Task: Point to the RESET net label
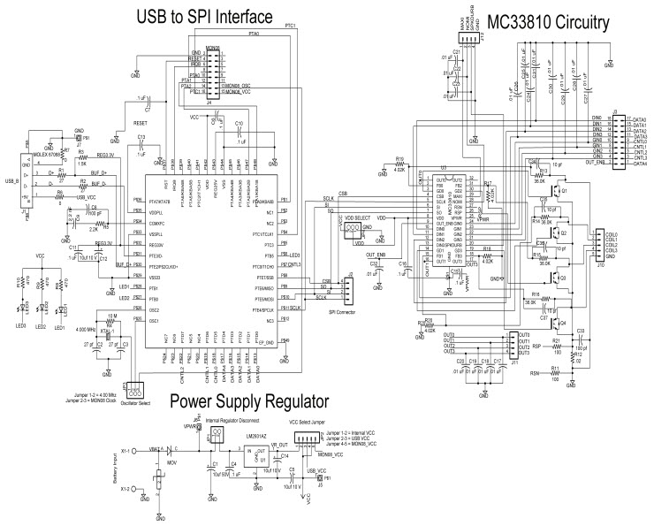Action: pos(140,123)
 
